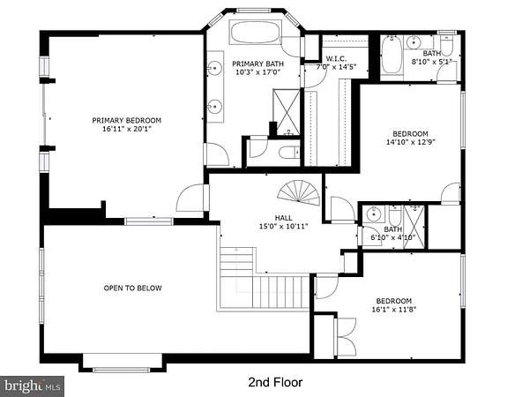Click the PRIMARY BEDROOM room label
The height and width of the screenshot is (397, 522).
click(126, 120)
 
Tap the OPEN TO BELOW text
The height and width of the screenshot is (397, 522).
click(133, 288)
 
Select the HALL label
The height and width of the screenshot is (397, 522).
click(284, 218)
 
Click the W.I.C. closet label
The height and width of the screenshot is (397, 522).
click(336, 58)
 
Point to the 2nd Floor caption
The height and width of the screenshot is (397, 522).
click(275, 382)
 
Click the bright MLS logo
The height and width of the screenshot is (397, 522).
click(33, 386)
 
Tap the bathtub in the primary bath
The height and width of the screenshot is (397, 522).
click(256, 33)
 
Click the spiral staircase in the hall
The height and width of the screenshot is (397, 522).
click(299, 193)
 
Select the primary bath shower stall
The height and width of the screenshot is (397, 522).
click(287, 112)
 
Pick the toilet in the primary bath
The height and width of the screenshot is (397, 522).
click(289, 153)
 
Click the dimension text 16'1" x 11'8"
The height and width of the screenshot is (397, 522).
click(394, 310)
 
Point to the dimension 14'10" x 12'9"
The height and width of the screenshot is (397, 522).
click(411, 142)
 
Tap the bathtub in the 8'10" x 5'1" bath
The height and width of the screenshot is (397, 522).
click(391, 55)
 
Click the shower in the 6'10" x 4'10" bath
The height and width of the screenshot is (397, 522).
click(414, 227)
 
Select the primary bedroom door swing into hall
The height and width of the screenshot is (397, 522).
click(190, 198)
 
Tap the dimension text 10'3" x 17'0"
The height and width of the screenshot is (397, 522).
click(258, 72)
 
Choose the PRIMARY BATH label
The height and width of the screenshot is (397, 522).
click(258, 64)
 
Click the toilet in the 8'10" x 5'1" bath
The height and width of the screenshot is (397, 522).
click(446, 45)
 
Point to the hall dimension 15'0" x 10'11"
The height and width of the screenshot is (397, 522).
click(284, 227)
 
